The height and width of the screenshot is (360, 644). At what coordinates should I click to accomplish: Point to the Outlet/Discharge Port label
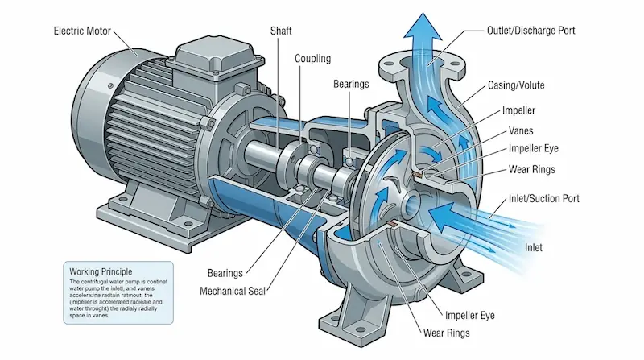point(531,31)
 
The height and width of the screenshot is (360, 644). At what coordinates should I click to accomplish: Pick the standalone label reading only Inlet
point(539,246)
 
